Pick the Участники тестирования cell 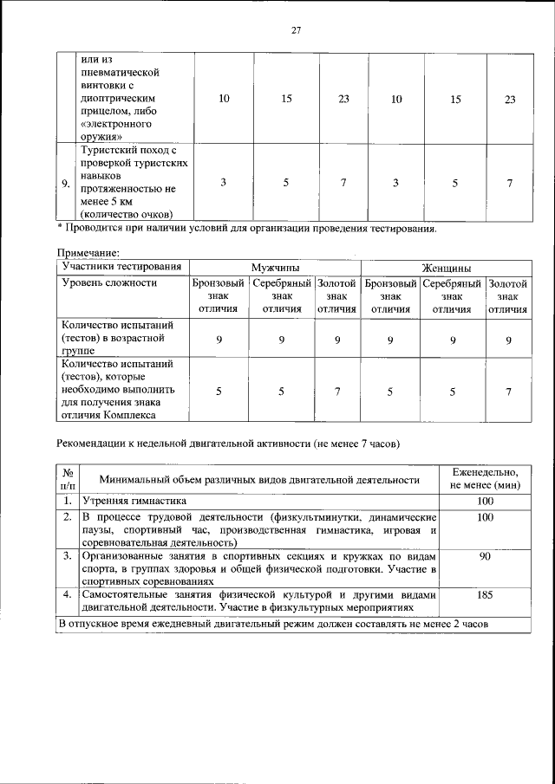point(121,267)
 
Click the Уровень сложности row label point(110,283)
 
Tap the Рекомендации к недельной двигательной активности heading point(227,443)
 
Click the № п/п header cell point(67,478)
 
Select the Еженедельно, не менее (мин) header point(486,478)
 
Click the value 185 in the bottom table point(486,596)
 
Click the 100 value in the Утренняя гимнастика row point(486,502)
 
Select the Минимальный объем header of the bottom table point(260,479)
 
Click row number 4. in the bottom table point(67,596)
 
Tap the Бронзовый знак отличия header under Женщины point(390,295)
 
